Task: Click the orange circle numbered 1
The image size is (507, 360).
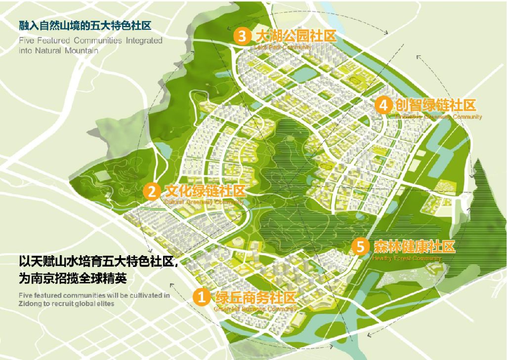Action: [x=202, y=297]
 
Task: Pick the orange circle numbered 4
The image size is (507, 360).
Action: [x=382, y=105]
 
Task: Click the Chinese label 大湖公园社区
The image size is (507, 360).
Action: [x=295, y=36]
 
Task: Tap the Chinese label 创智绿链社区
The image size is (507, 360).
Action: [x=435, y=105]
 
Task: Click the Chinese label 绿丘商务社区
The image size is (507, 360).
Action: [x=255, y=297]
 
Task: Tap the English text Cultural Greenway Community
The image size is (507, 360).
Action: [x=203, y=202]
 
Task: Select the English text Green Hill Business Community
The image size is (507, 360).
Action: [x=254, y=309]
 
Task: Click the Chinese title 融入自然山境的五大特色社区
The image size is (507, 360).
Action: [x=84, y=24]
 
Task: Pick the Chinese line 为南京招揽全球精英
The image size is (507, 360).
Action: [x=73, y=279]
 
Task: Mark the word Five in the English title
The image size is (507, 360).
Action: [x=27, y=41]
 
